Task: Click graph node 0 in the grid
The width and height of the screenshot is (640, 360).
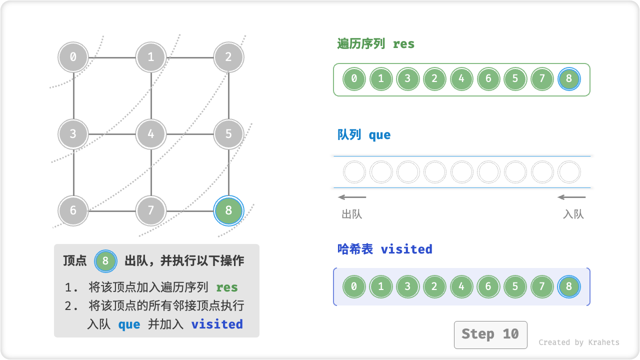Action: click(73, 57)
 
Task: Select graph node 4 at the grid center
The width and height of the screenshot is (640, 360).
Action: click(151, 134)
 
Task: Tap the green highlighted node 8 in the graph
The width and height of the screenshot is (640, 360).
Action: click(228, 210)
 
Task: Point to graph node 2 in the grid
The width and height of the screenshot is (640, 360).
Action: click(228, 57)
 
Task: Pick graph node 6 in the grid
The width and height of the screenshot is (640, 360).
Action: click(73, 210)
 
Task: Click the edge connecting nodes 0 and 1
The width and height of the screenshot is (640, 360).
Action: click(112, 57)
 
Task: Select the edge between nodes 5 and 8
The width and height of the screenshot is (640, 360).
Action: click(228, 172)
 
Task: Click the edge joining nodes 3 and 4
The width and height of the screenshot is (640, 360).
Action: click(112, 134)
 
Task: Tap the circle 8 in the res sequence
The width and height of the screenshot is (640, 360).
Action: click(569, 79)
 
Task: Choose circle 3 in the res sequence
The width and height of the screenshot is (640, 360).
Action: click(408, 79)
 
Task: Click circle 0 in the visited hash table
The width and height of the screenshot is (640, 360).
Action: click(354, 287)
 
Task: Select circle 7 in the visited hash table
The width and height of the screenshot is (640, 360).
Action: click(542, 287)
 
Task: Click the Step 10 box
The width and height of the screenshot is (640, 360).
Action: click(490, 334)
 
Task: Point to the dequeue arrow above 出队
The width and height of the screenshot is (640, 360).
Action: click(352, 197)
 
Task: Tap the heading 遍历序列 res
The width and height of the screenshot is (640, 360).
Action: click(376, 44)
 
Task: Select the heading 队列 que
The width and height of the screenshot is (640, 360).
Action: click(364, 135)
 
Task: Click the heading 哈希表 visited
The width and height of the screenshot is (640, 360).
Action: click(384, 249)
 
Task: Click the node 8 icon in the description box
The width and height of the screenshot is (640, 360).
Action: click(105, 261)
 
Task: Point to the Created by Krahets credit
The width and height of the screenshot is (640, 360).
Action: click(578, 342)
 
